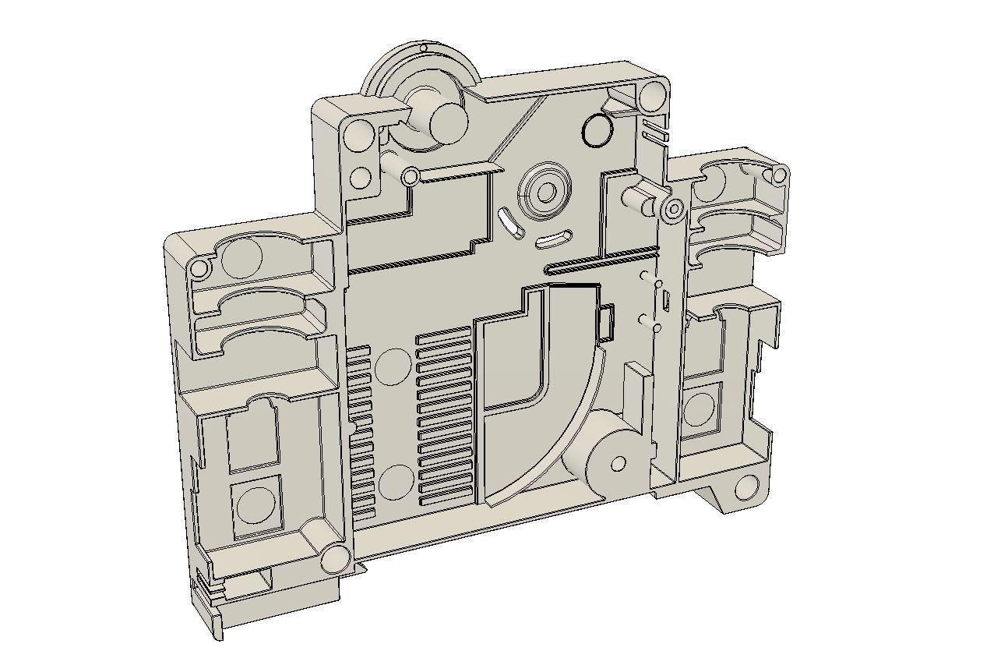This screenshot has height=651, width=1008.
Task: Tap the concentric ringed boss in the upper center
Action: [x=545, y=191]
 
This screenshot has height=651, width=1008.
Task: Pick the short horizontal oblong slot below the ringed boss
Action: [x=554, y=239]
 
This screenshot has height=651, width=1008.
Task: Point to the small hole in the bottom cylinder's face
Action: [x=618, y=465]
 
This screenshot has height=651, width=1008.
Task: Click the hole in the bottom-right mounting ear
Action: [x=745, y=487]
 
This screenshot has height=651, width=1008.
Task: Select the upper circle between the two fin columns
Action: [x=393, y=366]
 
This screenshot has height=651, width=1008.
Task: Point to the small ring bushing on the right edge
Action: [x=674, y=208]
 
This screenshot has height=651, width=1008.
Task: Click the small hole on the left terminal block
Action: [x=200, y=269]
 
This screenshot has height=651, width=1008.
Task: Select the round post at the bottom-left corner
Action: [x=336, y=558]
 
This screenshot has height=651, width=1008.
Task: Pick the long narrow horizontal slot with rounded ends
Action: [x=600, y=266]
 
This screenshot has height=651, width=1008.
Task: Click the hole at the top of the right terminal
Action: [x=778, y=175]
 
